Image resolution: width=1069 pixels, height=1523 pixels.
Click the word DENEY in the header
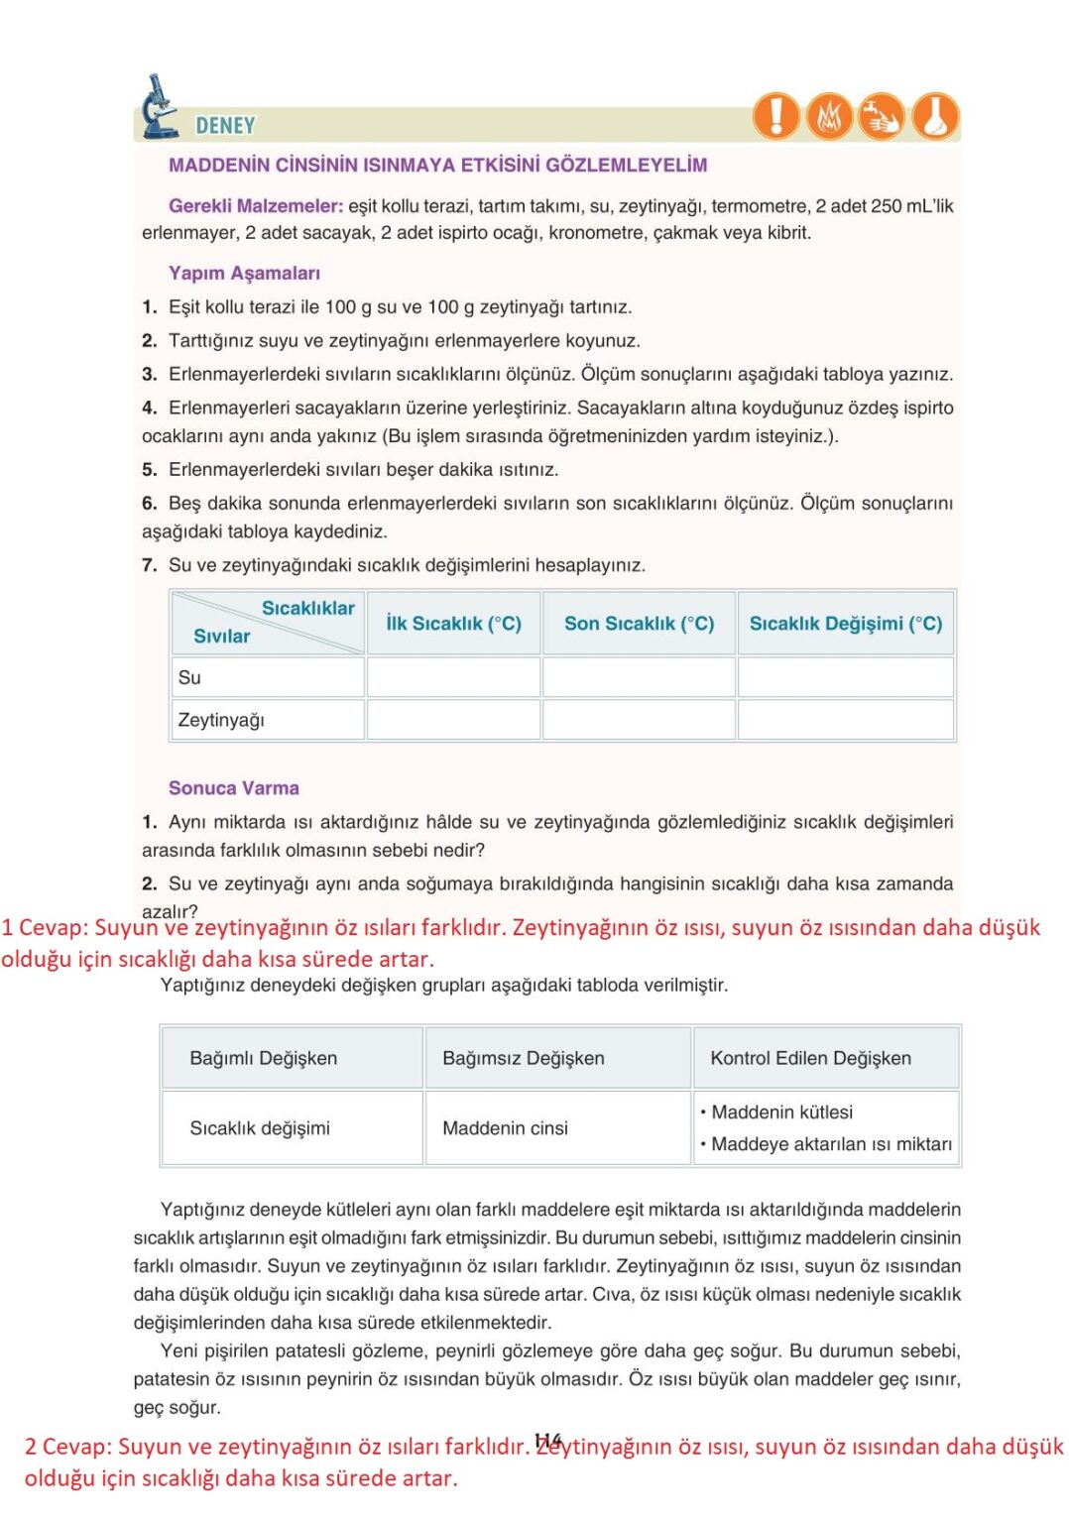click(225, 126)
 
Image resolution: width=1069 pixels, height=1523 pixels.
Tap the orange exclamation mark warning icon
click(776, 115)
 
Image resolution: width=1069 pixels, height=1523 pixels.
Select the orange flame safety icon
click(829, 116)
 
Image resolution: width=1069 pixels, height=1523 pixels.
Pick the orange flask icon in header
click(935, 116)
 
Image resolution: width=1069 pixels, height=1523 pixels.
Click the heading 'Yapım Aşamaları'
click(244, 273)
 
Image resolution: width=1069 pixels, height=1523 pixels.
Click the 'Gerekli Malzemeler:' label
click(256, 206)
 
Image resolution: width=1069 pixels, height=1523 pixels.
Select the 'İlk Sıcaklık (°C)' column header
click(453, 624)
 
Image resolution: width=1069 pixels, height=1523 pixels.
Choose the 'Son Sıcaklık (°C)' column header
click(639, 624)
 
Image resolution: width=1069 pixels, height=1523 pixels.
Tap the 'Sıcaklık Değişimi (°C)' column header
click(846, 624)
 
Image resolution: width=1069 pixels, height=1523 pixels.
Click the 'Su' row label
click(189, 678)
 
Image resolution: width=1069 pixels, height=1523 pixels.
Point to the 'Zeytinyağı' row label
click(221, 720)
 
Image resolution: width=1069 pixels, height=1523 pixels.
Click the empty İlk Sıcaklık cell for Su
click(453, 678)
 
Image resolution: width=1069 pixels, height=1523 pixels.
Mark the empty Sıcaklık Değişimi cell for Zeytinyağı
click(846, 720)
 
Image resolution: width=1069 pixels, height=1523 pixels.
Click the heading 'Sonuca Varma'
click(234, 788)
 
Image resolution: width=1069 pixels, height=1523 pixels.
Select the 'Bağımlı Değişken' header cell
click(264, 1058)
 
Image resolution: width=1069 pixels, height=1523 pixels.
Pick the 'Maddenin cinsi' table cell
click(506, 1128)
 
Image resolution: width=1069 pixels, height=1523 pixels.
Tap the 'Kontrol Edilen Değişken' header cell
click(810, 1058)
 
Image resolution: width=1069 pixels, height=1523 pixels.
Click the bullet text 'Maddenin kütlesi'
click(781, 1113)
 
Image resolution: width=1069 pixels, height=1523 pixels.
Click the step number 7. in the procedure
click(150, 565)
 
